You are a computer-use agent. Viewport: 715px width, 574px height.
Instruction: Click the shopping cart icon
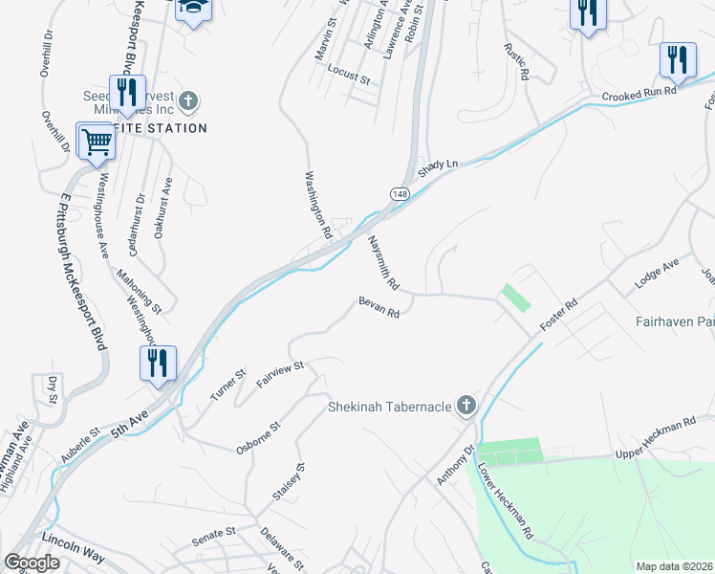click(97, 142)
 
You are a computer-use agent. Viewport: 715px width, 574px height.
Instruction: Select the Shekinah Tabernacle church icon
click(466, 407)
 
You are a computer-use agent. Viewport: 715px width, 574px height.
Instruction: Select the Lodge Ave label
click(657, 275)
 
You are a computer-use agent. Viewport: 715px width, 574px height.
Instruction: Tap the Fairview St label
click(279, 374)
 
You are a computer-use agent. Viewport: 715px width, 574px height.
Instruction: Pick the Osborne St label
click(258, 437)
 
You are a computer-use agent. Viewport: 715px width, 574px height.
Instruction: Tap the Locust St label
click(348, 76)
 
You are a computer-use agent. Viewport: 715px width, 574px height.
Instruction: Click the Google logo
click(32, 563)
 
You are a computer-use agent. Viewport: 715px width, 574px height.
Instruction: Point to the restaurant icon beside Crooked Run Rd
click(678, 60)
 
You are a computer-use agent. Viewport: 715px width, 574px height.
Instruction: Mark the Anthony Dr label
click(455, 464)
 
